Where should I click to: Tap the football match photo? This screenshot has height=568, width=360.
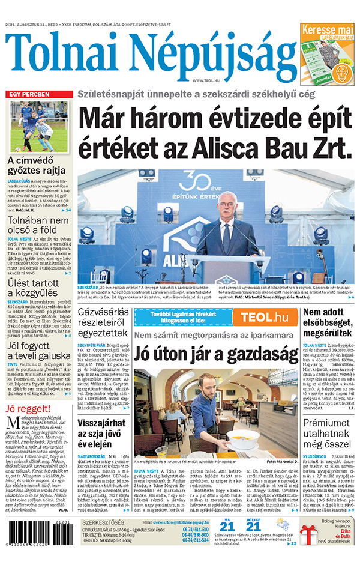[x=38, y=127]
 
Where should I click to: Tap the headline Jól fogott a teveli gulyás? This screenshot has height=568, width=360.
[x=38, y=348]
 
